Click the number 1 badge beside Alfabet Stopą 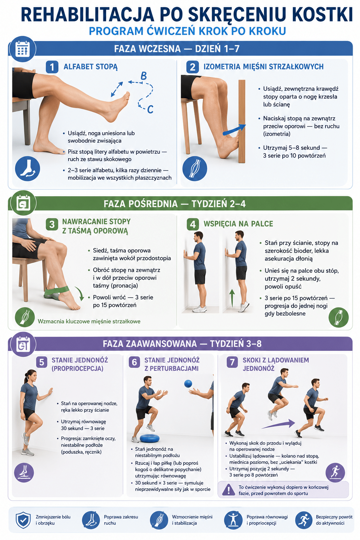52,67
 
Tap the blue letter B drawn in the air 143,76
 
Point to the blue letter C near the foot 150,109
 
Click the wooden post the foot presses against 242,121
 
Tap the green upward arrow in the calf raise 232,298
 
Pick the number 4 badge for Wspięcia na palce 193,224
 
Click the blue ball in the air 188,384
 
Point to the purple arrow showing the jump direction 278,424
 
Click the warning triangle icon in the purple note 228,490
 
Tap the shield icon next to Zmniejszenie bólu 23,520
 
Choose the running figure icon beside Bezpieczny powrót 304,520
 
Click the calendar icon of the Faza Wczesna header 22,49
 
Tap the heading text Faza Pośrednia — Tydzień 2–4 175,204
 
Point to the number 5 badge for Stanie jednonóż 41,362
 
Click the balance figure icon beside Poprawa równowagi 233,520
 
